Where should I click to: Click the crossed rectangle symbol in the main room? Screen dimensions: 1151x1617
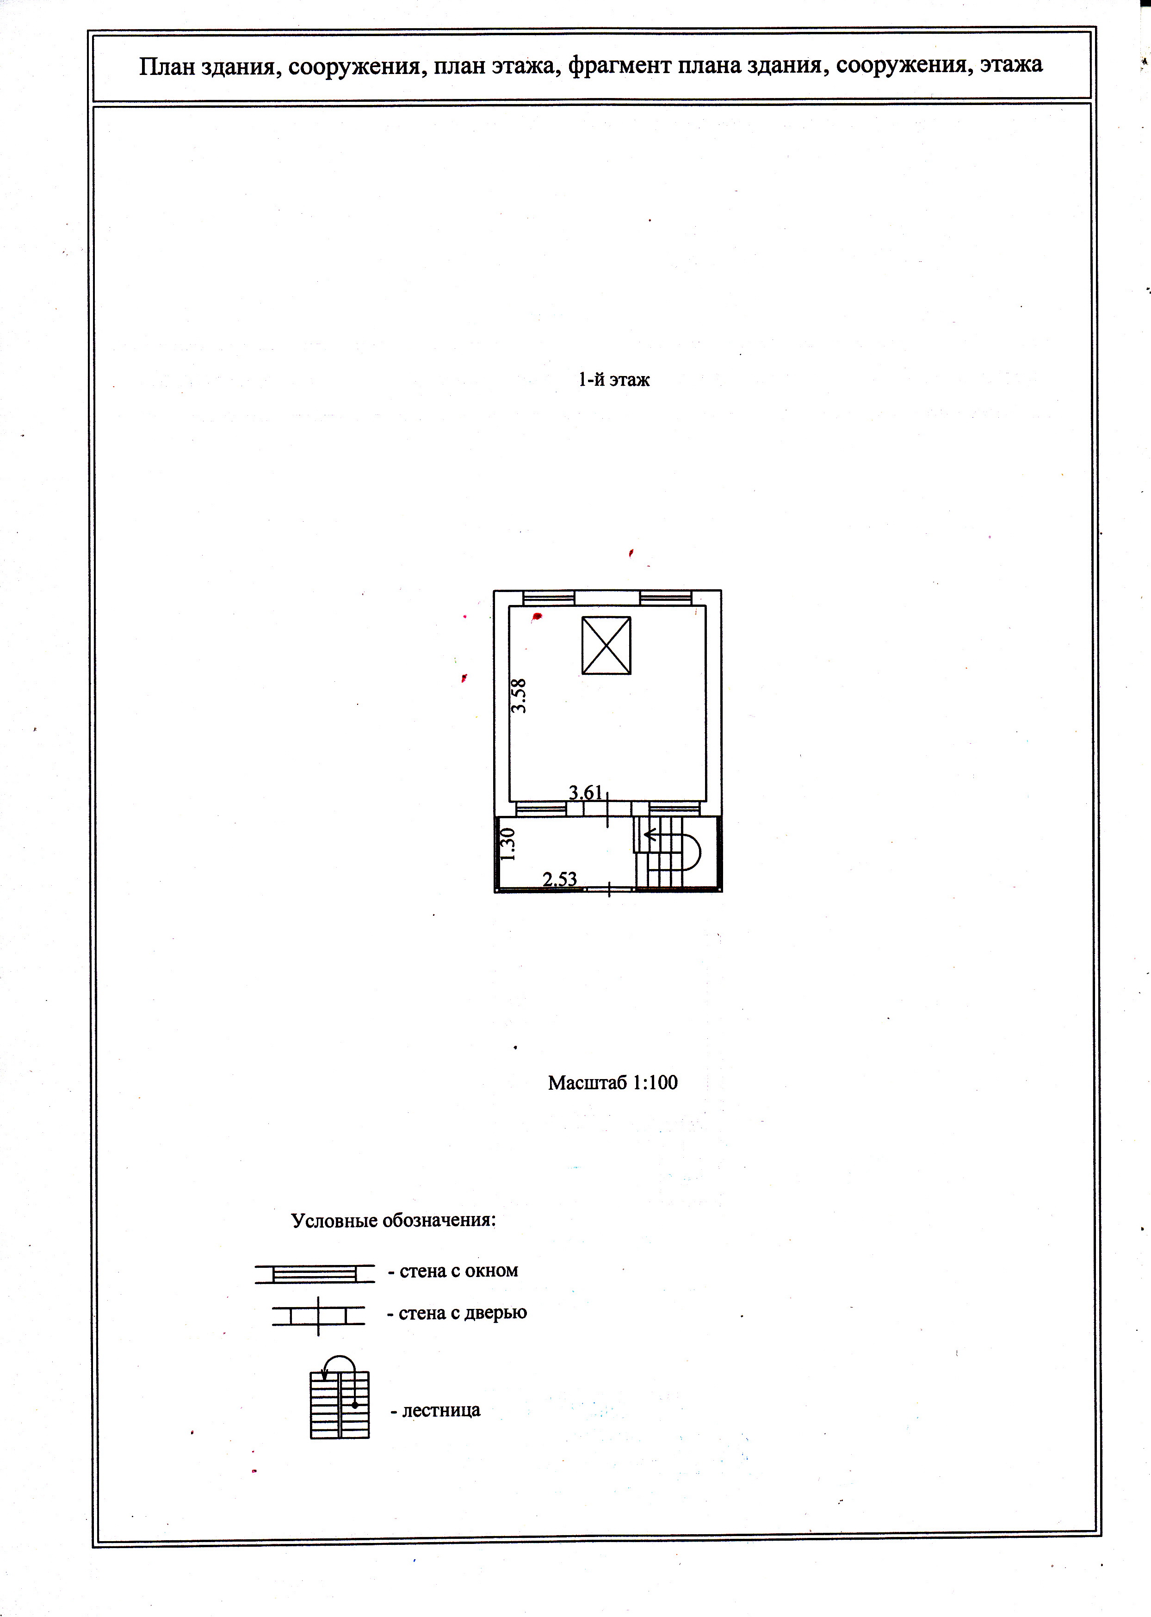(606, 645)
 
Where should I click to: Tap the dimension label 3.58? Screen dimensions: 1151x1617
(520, 695)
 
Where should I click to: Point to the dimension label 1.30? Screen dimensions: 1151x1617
(507, 845)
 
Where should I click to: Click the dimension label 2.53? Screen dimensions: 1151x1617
(560, 879)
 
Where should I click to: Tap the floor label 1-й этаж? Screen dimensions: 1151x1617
(614, 380)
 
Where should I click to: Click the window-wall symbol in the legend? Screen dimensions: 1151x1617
(314, 1273)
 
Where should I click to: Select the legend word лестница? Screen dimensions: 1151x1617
(441, 1410)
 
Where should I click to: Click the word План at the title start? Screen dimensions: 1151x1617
(167, 66)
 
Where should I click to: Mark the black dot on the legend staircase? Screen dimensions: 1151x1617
(354, 1404)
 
